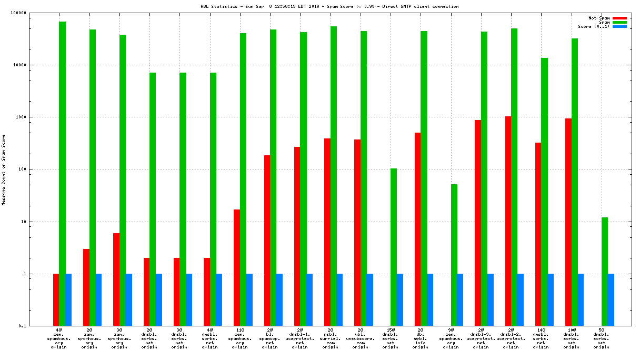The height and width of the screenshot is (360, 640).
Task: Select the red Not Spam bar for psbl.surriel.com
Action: (327, 232)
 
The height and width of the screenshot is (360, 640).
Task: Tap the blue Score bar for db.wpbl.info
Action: (430, 299)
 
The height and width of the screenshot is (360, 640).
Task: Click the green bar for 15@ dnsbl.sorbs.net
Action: (394, 247)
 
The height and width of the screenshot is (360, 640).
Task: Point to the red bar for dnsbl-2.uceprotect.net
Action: (508, 221)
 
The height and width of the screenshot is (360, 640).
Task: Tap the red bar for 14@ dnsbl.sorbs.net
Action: (538, 234)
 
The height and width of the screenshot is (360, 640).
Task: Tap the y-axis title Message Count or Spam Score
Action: (4, 169)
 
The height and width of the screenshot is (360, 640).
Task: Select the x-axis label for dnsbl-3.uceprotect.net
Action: (481, 338)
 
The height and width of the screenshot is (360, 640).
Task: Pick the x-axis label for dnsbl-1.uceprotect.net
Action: (300, 338)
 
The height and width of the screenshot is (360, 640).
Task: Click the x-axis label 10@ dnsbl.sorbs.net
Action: (571, 338)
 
